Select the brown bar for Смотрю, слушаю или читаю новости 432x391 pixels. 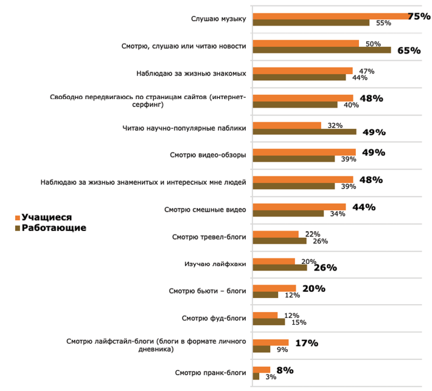pos(321,50)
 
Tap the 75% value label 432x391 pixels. pos(419,16)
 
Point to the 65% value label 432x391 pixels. pos(409,50)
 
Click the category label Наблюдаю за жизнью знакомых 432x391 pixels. pos(191,74)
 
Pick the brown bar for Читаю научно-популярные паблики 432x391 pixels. pos(304,131)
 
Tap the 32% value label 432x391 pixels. pos(335,125)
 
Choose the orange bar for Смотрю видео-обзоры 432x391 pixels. pos(304,152)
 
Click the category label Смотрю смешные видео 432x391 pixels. pos(205,210)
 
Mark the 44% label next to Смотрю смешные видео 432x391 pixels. pos(363,207)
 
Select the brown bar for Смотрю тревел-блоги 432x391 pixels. pos(279,241)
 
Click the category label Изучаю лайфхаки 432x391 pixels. pos(215,264)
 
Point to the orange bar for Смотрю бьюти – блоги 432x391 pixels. pos(274,288)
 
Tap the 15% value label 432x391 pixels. pos(298,322)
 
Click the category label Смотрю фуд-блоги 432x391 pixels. pos(214,318)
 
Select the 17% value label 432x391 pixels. pos(307,343)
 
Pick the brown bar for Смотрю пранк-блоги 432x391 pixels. pos(256,377)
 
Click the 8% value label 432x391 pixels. pos(285,370)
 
